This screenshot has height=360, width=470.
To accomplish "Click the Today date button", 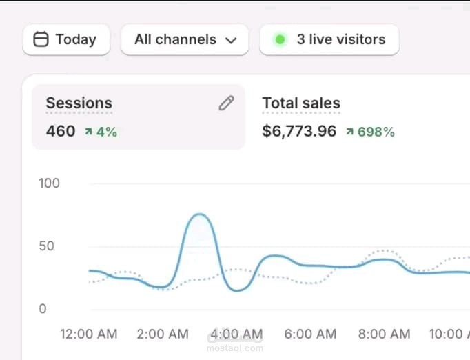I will coord(66,40).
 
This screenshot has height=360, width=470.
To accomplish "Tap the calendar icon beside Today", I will coord(41,40).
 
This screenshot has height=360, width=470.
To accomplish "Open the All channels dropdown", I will coord(184,40).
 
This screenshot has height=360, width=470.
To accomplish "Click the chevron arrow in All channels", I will coord(231,41).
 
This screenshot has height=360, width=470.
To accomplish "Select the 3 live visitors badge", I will coord(329,40).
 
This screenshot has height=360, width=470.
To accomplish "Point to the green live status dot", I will coord(280,40).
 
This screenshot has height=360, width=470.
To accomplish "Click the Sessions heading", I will coord(79,103).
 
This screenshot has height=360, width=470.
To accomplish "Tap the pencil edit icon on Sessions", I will coord(226,103).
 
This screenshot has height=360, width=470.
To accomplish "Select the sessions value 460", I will coord(61,131).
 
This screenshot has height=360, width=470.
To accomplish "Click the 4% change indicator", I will coord(101,132).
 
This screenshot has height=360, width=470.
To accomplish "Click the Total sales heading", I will coord(301,103).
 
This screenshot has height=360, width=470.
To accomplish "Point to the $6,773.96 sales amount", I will coord(299,131).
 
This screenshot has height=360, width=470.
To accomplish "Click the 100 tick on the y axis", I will coord(50,183).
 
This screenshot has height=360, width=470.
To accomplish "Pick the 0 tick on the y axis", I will coord(43,309).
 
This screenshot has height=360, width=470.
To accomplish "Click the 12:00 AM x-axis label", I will coord(89,334).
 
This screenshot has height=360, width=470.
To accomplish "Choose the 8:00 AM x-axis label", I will coord(384,334).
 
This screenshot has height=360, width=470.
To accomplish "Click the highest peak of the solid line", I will coord(200,214).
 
